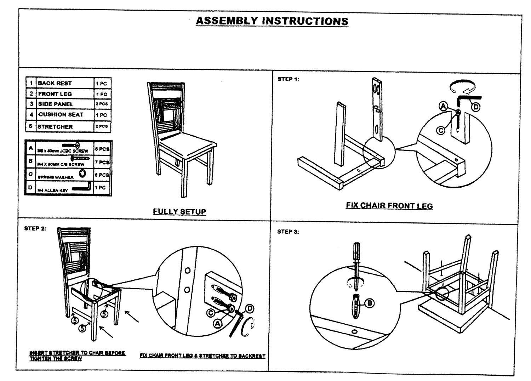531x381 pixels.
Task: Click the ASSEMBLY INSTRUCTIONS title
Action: coord(272,21)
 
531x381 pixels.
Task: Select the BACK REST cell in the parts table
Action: coord(55,83)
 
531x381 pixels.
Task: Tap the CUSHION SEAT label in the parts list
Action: coord(61,115)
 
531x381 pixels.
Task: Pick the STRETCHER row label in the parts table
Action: coord(55,126)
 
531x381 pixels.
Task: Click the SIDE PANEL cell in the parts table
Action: coord(56,104)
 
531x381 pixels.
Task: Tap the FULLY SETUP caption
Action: coord(179,212)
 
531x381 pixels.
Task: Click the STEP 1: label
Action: coord(288,79)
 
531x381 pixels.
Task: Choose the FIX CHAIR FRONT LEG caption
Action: coord(389,206)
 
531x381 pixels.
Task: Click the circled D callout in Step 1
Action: coord(476,107)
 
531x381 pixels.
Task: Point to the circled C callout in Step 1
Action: coord(441,130)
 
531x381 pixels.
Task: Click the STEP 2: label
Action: coord(35,228)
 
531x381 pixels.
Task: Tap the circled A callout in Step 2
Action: coord(217,324)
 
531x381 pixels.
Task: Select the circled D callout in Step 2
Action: coord(250,308)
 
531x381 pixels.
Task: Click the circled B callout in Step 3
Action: coord(369,303)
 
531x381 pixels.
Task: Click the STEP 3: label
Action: coord(288,232)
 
